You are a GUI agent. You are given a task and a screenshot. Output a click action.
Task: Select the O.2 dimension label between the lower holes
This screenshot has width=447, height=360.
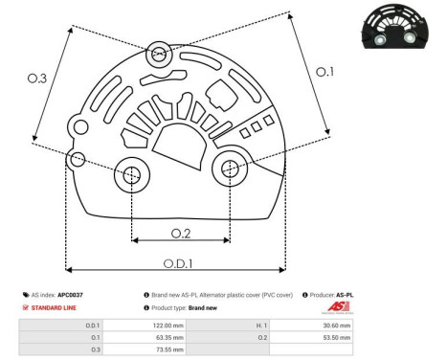tap(180, 233)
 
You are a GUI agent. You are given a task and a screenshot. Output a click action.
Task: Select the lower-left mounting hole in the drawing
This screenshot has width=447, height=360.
tap(130, 174)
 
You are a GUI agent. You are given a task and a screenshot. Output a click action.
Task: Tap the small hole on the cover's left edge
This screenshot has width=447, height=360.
tap(78, 158)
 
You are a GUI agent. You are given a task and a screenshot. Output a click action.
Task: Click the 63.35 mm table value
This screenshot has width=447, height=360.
tap(168, 338)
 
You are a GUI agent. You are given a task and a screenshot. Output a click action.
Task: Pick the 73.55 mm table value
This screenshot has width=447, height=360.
tap(168, 350)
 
